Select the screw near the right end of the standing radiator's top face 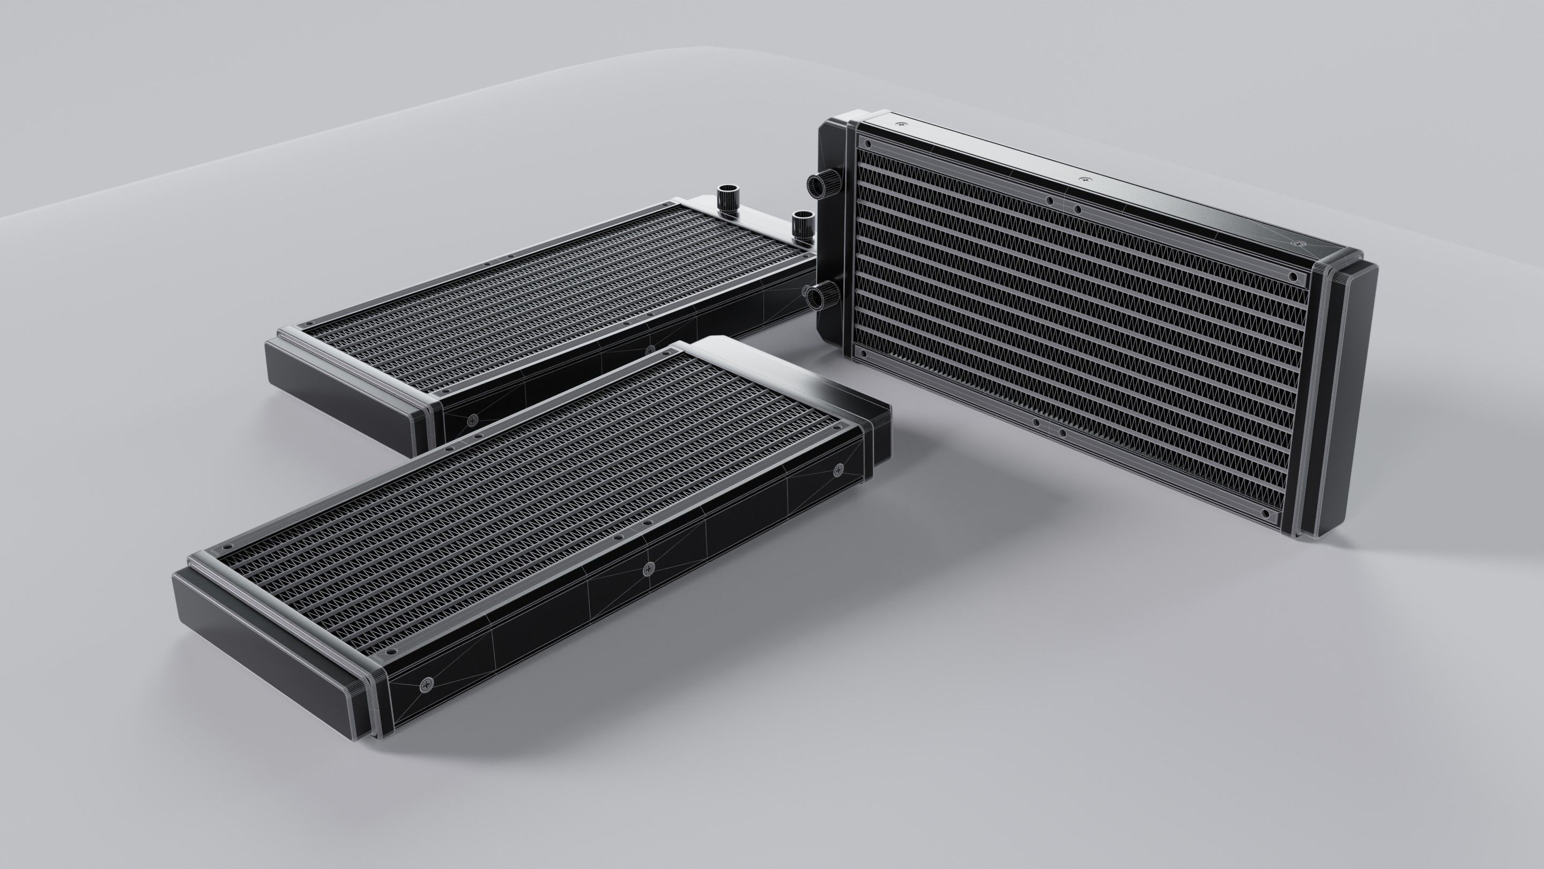tap(1295, 244)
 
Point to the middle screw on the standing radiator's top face tap(1082, 179)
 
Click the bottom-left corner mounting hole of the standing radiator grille tap(863, 355)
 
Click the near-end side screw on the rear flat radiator tap(472, 419)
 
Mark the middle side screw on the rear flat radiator tap(650, 349)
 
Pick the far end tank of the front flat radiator tap(797, 384)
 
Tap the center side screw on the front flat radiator tap(647, 570)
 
